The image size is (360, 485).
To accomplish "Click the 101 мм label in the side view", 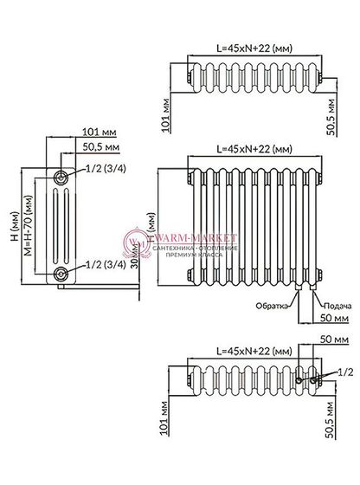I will (x=100, y=133).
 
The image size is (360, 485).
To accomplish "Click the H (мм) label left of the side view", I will (x=11, y=228).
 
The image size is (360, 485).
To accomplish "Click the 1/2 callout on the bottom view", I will (x=344, y=372).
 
